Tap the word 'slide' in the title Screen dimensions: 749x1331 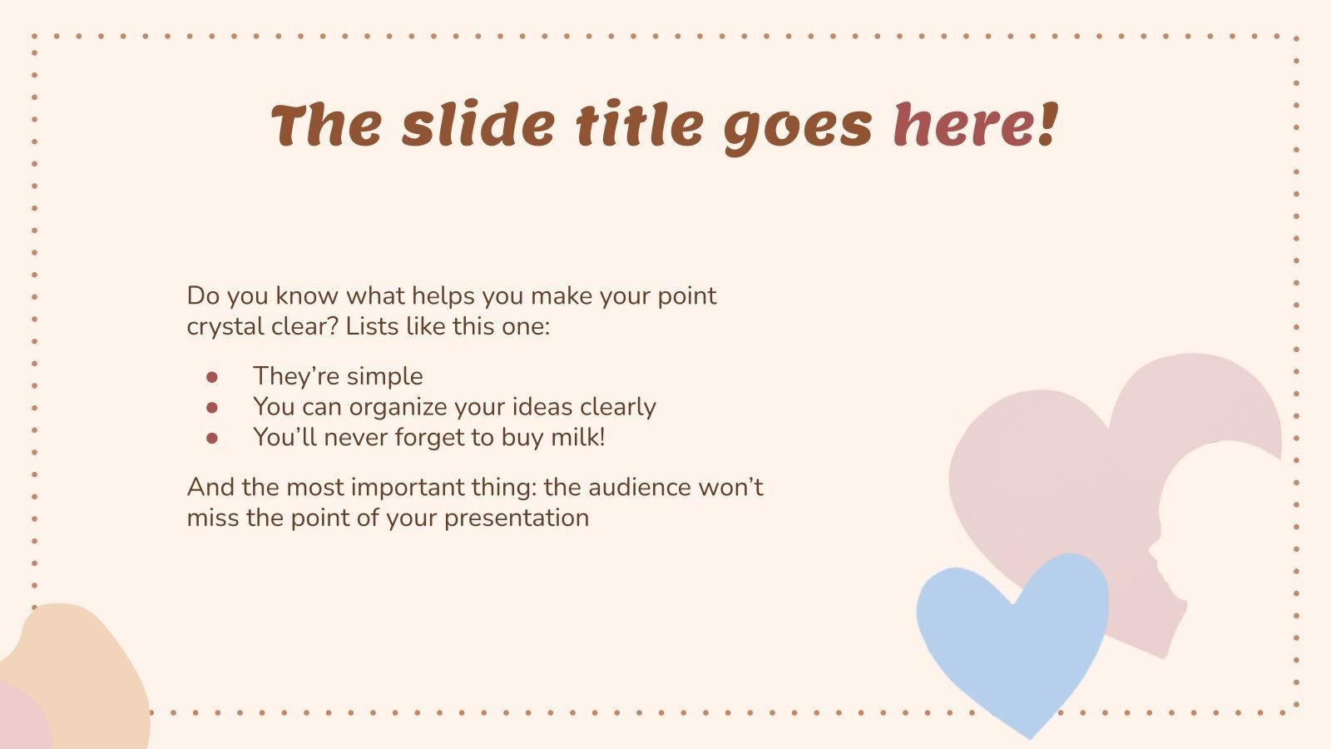click(x=478, y=125)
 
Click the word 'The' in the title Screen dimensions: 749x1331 click(x=326, y=125)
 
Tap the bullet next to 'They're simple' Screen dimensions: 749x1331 click(x=212, y=377)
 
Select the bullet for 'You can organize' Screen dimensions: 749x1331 click(x=212, y=408)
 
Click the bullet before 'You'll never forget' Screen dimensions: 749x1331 click(x=212, y=438)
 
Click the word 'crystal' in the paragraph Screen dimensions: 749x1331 click(x=219, y=326)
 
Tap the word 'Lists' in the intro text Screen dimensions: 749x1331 click(x=372, y=326)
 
